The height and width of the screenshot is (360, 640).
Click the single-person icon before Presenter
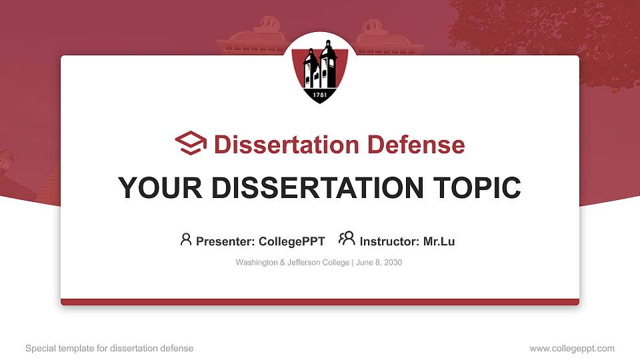[186, 239]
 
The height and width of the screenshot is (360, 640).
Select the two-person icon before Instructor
[347, 239]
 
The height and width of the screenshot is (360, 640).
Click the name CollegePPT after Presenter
[291, 241]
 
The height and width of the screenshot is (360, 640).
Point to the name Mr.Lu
[439, 241]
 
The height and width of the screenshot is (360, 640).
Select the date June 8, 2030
[379, 263]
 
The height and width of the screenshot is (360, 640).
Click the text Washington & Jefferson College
[292, 263]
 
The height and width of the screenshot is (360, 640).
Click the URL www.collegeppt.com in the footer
[571, 348]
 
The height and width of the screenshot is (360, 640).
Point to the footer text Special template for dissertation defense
[109, 348]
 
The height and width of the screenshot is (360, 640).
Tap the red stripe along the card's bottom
[319, 302]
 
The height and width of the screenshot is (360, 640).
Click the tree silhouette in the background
[553, 33]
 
